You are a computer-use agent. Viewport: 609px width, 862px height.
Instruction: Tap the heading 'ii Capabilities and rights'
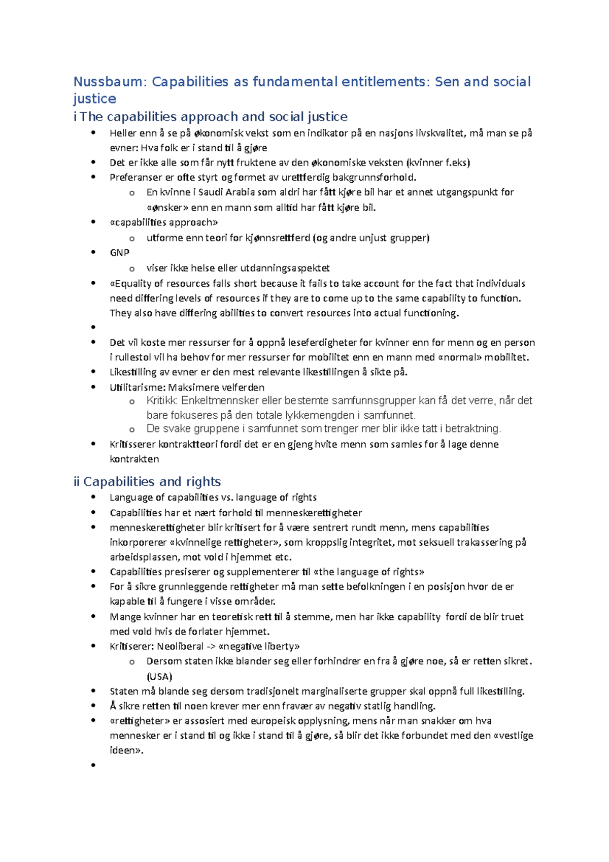(x=147, y=482)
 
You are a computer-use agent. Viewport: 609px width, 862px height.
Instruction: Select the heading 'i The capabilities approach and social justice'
(x=211, y=117)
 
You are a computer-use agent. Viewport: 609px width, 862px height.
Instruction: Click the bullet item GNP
(x=120, y=253)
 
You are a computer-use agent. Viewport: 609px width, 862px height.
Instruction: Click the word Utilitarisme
(x=136, y=388)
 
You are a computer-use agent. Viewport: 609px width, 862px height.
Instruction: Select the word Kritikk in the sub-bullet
(x=161, y=401)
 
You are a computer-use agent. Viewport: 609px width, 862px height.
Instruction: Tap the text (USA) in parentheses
(x=159, y=677)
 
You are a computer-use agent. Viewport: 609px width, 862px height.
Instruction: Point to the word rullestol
(x=133, y=357)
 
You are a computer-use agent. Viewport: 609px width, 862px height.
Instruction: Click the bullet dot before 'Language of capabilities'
(x=93, y=498)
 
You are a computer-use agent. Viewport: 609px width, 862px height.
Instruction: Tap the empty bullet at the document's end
(x=93, y=765)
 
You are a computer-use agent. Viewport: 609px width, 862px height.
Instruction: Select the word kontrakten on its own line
(x=134, y=459)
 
